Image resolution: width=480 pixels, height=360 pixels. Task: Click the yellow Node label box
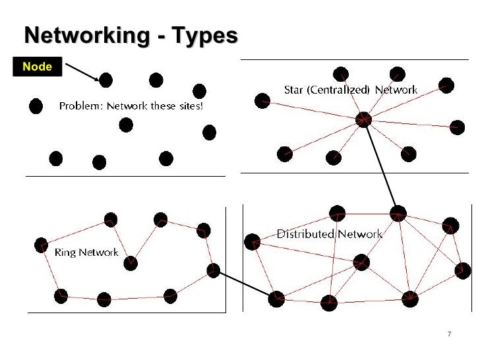37,67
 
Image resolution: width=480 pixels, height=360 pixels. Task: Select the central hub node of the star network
363,119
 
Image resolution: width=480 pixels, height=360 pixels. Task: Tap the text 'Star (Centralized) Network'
350,89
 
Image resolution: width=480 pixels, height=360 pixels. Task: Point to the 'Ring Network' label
86,252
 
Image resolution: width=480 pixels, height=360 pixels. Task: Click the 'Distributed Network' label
329,234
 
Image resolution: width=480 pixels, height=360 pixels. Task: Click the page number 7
449,334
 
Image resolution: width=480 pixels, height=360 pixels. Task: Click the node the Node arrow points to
105,80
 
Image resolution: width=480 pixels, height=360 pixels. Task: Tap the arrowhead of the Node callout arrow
98,80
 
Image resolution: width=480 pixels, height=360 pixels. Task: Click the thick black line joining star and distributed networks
380,167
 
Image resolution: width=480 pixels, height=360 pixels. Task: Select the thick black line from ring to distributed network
244,284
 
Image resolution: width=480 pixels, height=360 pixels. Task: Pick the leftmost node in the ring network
41,245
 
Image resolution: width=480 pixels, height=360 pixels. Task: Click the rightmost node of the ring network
213,270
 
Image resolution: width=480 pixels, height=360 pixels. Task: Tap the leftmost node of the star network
262,100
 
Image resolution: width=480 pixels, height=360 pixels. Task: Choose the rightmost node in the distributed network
464,270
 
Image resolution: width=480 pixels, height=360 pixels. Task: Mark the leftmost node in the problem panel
36,105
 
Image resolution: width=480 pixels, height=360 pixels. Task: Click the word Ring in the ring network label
66,252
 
